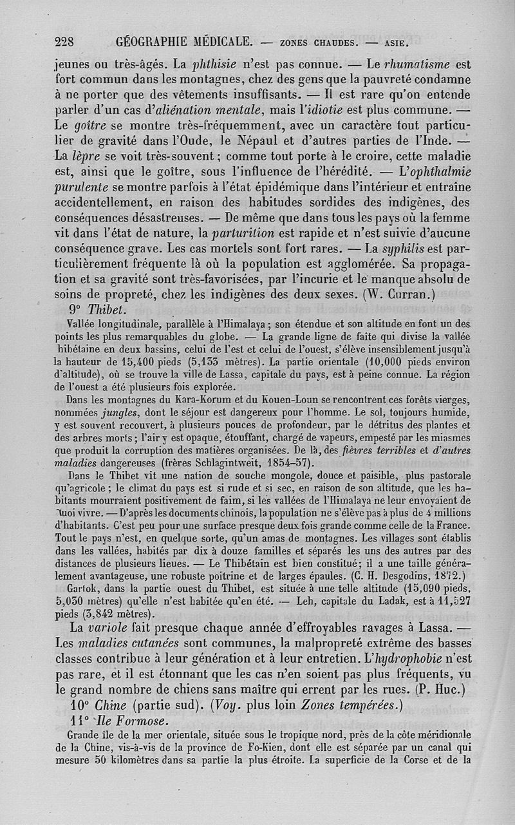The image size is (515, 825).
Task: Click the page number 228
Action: pos(65,43)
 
